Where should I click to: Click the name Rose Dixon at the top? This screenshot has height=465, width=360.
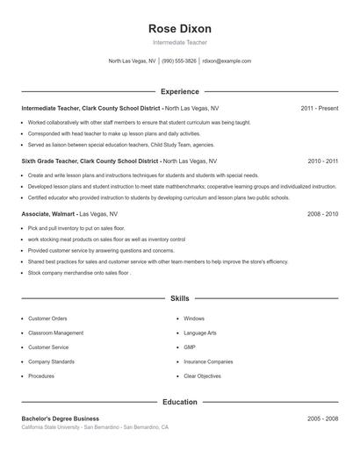[180, 28]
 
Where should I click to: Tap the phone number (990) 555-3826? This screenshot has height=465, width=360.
[179, 61]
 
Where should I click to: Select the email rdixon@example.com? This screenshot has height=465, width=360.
[227, 61]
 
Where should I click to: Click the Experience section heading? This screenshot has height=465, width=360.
[180, 91]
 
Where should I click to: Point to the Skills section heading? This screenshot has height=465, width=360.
[180, 298]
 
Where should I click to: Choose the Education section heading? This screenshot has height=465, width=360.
[180, 402]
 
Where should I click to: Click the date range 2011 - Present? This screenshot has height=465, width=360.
[320, 108]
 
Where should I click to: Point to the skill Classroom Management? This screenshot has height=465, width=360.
[55, 333]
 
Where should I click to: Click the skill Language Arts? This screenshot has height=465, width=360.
[200, 333]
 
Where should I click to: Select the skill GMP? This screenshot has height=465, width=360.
[190, 347]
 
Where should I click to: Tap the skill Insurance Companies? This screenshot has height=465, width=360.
[208, 361]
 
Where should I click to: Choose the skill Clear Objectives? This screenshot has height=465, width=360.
[203, 376]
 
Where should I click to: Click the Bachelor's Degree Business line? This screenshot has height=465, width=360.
[61, 418]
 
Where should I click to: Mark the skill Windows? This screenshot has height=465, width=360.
[194, 318]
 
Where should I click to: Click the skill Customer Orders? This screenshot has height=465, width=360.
[47, 318]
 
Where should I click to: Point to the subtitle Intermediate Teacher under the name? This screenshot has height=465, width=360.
[180, 43]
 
